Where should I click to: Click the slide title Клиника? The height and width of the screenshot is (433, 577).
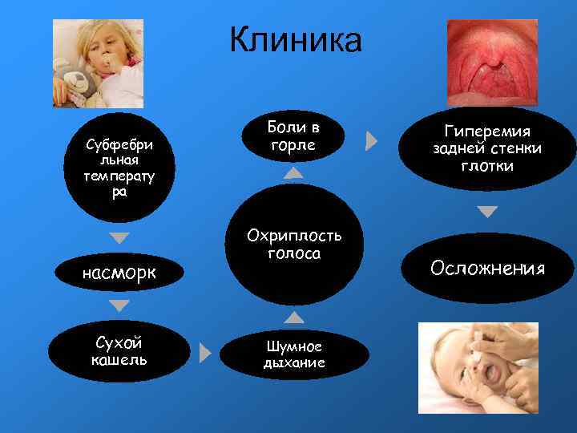[x=296, y=40]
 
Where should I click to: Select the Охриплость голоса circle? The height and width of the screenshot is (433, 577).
[x=295, y=245]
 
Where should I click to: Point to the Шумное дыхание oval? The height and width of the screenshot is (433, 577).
[x=294, y=354]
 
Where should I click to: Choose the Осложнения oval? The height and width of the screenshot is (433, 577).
[x=486, y=268]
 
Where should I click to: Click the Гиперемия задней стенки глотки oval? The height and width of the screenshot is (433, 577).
[x=487, y=148]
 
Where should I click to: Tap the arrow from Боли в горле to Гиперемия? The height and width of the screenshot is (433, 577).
[x=371, y=141]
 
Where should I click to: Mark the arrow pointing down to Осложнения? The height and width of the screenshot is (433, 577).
[x=486, y=212]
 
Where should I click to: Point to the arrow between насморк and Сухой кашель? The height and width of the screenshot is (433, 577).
[x=119, y=306]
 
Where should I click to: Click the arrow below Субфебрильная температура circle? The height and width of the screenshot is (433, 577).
[x=119, y=238]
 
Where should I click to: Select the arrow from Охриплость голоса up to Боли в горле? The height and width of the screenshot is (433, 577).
[x=294, y=172]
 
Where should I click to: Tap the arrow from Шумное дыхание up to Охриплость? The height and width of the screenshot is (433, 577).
[x=294, y=318]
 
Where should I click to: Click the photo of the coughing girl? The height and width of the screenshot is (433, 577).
[x=98, y=63]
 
